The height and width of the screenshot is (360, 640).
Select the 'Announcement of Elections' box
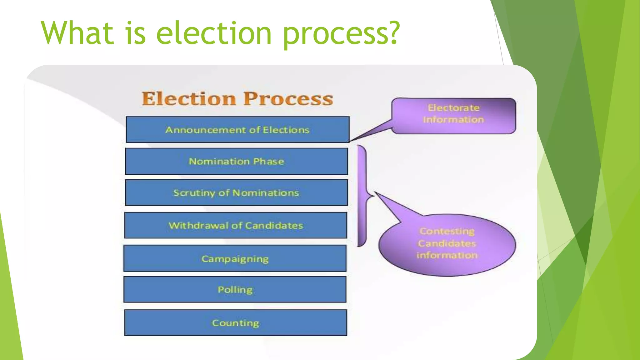[237, 130]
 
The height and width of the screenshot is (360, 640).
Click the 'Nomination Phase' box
[236, 161]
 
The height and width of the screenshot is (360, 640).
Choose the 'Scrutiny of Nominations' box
[236, 192]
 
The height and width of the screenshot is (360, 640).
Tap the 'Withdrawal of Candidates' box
[236, 225]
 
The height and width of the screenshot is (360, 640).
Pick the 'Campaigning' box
[235, 258]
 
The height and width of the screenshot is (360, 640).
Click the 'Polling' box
[235, 289]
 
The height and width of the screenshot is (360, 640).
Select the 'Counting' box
[236, 322]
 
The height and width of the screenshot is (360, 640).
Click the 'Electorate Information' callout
[453, 116]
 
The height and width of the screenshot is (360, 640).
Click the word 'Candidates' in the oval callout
[447, 243]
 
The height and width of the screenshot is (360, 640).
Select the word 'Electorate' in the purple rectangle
[453, 108]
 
